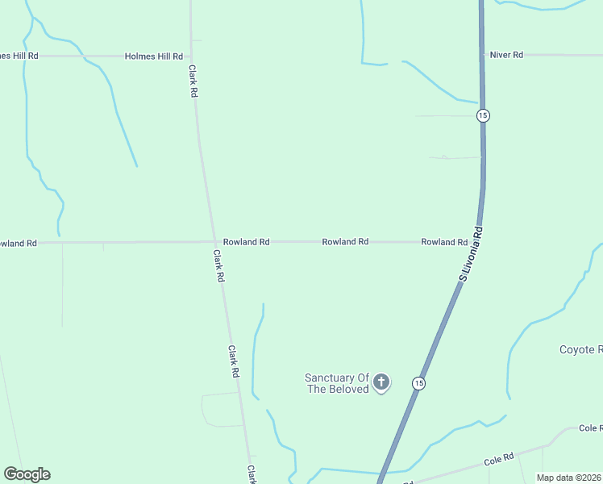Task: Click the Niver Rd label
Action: tap(506, 55)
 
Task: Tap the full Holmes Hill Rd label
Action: tap(154, 56)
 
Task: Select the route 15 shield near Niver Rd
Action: tap(482, 115)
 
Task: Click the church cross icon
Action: tap(381, 381)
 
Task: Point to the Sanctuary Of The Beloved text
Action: tap(336, 383)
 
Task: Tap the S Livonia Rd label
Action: tap(470, 253)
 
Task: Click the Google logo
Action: tap(27, 474)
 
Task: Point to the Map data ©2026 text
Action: tap(568, 478)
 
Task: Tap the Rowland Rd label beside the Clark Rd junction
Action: tap(246, 242)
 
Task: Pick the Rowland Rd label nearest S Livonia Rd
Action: tap(444, 242)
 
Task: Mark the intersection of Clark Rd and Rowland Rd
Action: tap(215, 242)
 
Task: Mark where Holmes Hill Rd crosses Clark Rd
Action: tap(192, 56)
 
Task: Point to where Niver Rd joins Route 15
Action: tap(482, 55)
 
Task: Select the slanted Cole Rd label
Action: tap(499, 460)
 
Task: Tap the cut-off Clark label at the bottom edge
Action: tap(252, 473)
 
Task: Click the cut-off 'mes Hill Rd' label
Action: tap(19, 56)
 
